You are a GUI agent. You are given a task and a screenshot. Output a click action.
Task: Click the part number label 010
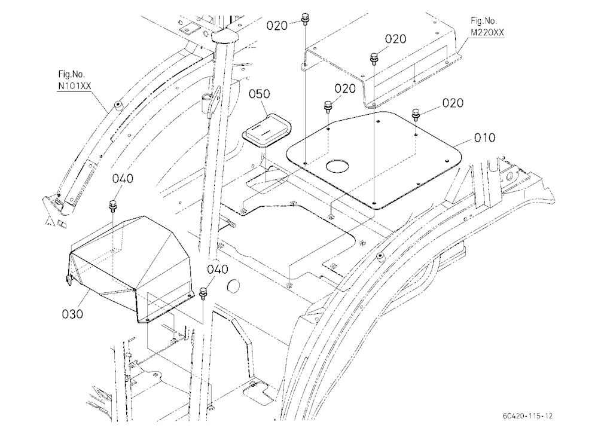pos(484,137)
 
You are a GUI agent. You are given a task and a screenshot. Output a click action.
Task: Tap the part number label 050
pos(260,94)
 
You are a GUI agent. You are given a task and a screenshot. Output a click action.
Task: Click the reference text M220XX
pos(487,32)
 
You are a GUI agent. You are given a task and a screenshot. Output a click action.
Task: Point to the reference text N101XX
pos(74,86)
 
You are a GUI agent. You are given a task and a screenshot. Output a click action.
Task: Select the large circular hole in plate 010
pos(337,166)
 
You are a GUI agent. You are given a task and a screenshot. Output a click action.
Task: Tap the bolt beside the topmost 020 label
pos(305,19)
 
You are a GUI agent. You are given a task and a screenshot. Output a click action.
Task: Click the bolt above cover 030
pos(113,205)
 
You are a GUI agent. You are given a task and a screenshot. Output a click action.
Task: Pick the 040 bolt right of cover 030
pos(203,294)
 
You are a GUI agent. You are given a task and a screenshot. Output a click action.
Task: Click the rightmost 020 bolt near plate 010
pos(416,114)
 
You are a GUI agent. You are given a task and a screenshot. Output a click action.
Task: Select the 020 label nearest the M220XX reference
pos(395,39)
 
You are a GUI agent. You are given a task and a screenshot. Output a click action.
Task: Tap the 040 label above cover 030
pos(123,179)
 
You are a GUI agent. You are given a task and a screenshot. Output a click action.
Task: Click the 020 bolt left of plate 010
pos(328,106)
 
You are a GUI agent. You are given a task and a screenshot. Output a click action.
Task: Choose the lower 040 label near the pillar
pos(218,269)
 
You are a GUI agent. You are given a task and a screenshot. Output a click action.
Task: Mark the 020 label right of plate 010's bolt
pos(453,103)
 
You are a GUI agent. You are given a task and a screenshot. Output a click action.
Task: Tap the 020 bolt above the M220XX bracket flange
pos(374,59)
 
